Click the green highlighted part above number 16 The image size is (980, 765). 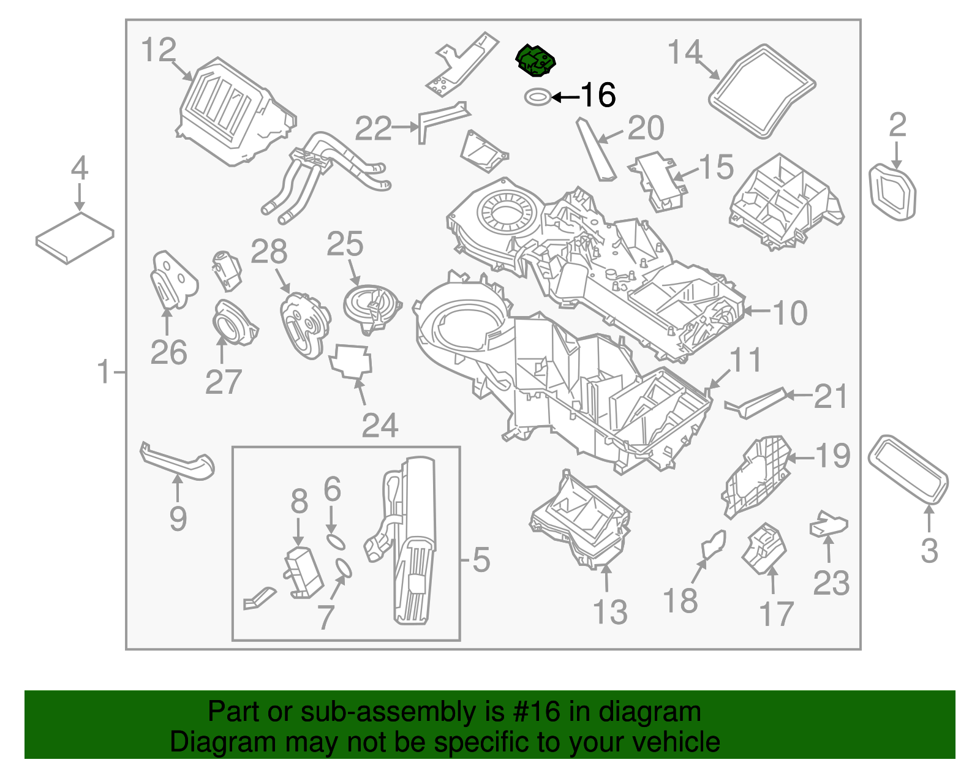coord(535,61)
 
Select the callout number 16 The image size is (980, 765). coord(598,96)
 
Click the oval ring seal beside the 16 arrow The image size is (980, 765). coord(537,97)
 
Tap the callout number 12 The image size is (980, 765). coord(159,50)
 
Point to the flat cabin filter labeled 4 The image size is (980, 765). coord(75,238)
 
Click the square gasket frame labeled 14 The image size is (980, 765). coord(762,91)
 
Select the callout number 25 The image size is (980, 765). coord(345,244)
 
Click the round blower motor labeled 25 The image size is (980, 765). coord(371,304)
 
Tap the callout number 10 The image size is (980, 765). coord(790,314)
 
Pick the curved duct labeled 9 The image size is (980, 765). coord(176,462)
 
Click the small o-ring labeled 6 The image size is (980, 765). coord(335,542)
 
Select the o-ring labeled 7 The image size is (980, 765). coord(344,568)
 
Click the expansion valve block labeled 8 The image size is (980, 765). coord(303,572)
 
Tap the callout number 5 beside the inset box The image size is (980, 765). coord(481,560)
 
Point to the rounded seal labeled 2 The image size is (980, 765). coord(892,191)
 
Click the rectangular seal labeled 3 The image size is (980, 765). coord(908,469)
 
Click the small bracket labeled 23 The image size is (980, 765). coord(829,526)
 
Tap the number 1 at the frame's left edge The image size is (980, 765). coord(105,372)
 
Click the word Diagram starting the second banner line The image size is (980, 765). coord(214,742)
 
